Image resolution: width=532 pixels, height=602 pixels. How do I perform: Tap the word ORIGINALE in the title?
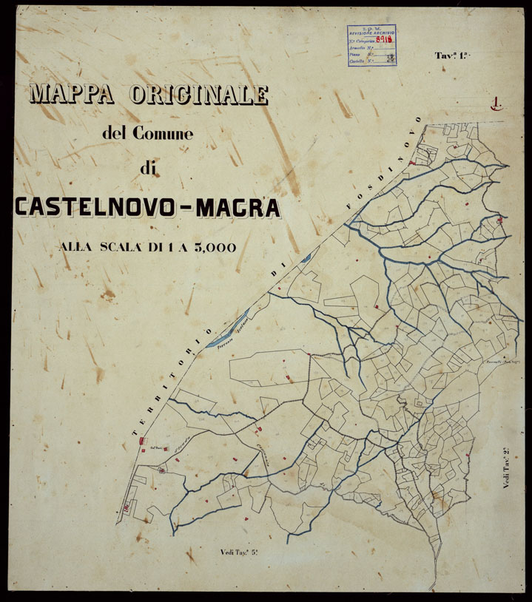click(x=199, y=95)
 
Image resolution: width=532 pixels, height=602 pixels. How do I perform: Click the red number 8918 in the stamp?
click(x=383, y=42)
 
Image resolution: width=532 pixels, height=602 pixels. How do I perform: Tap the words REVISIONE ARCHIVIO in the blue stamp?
click(x=371, y=33)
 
